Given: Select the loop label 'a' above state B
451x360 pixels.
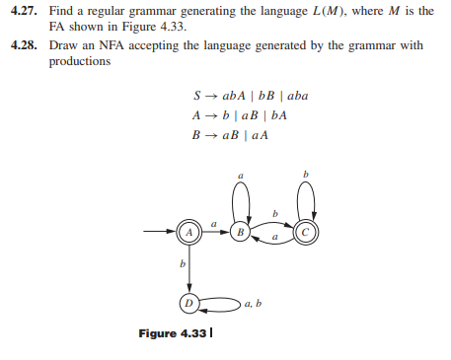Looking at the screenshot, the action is tap(241, 177).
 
